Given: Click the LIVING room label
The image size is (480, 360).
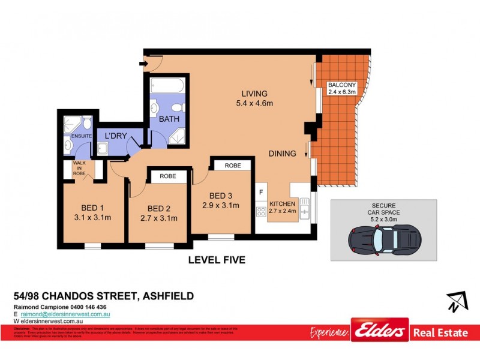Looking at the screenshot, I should pyautogui.click(x=254, y=94).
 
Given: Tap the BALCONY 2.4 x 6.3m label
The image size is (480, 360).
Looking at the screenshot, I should pyautogui.click(x=342, y=88).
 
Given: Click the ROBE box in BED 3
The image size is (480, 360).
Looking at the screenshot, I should pyautogui.click(x=232, y=165).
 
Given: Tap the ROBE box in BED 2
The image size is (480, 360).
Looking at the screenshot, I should pyautogui.click(x=168, y=177).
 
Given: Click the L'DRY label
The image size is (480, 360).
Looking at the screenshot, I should pyautogui.click(x=115, y=136).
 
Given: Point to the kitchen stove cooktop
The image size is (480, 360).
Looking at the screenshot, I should pyautogui.click(x=261, y=211).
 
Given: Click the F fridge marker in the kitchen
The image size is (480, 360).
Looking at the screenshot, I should pyautogui.click(x=261, y=192).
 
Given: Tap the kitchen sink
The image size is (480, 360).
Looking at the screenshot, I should pyautogui.click(x=305, y=211).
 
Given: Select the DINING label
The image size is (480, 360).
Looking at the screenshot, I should pyautogui.click(x=282, y=154).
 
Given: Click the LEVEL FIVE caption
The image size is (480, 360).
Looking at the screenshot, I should pyautogui.click(x=217, y=260).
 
